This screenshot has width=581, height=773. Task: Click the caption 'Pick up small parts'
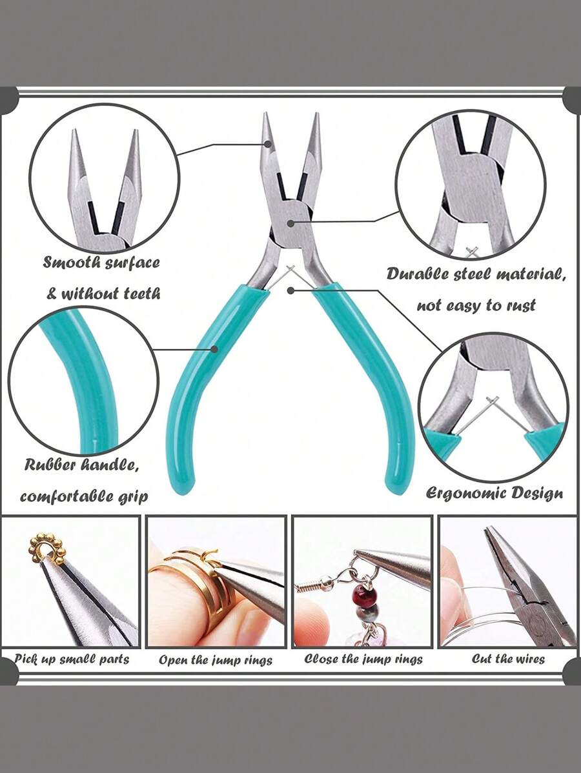(72, 659)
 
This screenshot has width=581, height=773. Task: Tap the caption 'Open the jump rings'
(216, 660)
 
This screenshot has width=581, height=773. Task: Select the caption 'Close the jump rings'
(363, 659)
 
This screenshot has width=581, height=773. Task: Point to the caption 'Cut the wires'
(508, 659)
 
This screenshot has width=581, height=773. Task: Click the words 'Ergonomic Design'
(494, 494)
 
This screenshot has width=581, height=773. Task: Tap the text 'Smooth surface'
(101, 263)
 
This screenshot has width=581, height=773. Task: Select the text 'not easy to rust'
(476, 305)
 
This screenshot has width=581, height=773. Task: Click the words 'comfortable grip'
(84, 496)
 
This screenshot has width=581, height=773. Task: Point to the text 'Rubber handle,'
(82, 465)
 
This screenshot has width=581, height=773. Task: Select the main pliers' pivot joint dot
(291, 223)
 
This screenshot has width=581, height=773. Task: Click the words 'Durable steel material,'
(476, 274)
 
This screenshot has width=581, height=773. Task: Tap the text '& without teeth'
(103, 294)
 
